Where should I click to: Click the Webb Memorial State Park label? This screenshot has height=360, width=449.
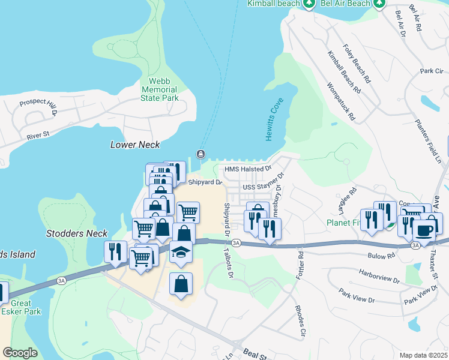click(160, 89)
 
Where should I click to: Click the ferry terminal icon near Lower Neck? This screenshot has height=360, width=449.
click(200, 154)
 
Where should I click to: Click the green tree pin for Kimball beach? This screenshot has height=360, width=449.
click(309, 4)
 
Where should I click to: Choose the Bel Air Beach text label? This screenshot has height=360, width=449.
click(345, 4)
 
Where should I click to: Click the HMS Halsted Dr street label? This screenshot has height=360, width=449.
click(244, 170)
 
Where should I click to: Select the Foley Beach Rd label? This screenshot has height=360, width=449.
click(357, 63)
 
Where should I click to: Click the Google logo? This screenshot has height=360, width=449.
click(20, 353)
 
